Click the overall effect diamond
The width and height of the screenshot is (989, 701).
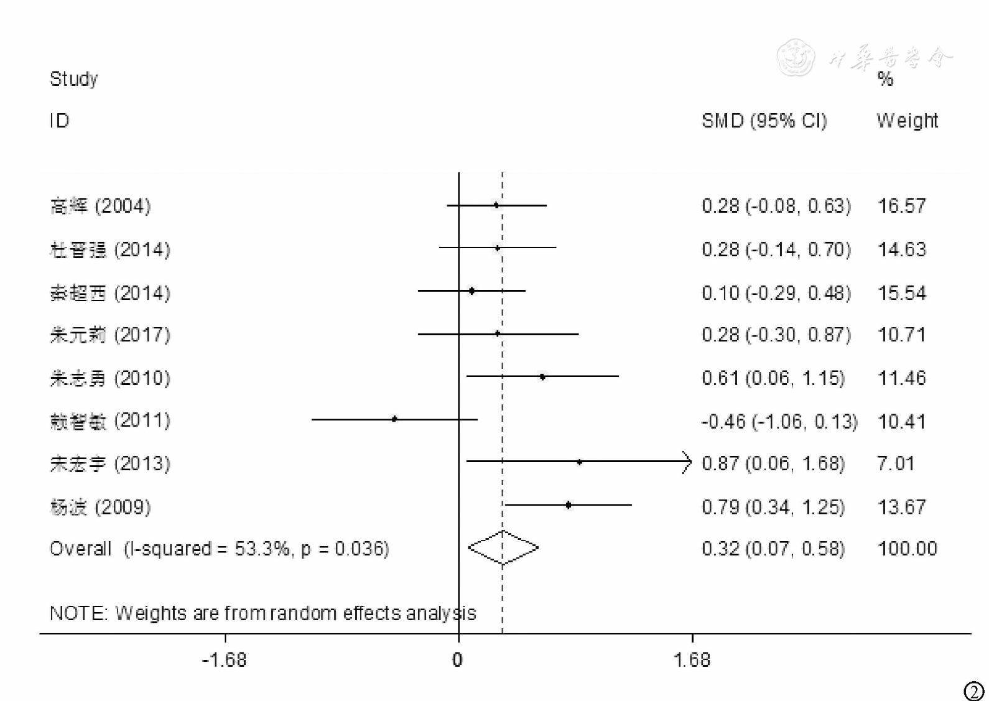pyautogui.click(x=503, y=548)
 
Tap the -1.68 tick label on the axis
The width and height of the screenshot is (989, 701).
pyautogui.click(x=224, y=660)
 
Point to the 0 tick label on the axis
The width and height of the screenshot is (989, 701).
pyautogui.click(x=458, y=660)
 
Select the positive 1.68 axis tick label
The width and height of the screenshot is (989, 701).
pyautogui.click(x=692, y=660)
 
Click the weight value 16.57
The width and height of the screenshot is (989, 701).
pyautogui.click(x=901, y=206)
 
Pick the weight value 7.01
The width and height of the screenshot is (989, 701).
pyautogui.click(x=895, y=463)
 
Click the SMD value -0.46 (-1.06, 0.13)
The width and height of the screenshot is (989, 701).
pyautogui.click(x=779, y=421)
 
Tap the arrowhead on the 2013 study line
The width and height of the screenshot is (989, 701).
pyautogui.click(x=687, y=462)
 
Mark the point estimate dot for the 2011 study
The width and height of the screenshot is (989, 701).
pyautogui.click(x=394, y=419)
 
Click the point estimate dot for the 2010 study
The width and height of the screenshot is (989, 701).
pyautogui.click(x=542, y=377)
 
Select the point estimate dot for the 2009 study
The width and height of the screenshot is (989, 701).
pyautogui.click(x=569, y=505)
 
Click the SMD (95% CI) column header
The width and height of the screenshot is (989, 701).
pyautogui.click(x=764, y=121)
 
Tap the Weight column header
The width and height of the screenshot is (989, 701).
pyautogui.click(x=907, y=121)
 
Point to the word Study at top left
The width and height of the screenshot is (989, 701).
pyautogui.click(x=73, y=79)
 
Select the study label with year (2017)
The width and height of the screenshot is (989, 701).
pyautogui.click(x=110, y=335)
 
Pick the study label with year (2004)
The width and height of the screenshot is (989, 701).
pyautogui.click(x=100, y=206)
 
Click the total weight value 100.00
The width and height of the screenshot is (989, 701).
pyautogui.click(x=907, y=549)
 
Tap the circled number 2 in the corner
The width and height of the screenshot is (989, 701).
pyautogui.click(x=973, y=691)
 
